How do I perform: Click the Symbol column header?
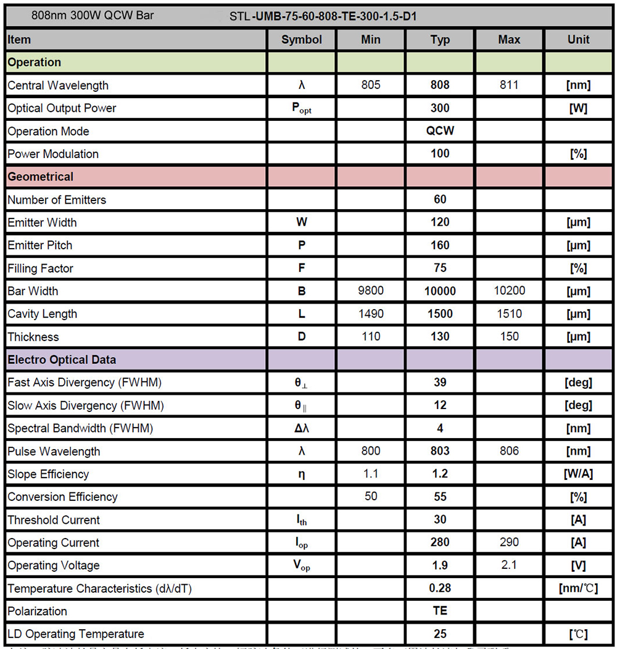click(302, 39)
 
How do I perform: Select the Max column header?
click(509, 39)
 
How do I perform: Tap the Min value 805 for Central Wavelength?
click(371, 85)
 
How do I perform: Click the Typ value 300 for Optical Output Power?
click(440, 108)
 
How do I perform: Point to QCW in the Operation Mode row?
click(440, 131)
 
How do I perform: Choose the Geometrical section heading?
click(41, 176)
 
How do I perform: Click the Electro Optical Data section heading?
click(62, 360)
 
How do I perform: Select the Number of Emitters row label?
click(57, 200)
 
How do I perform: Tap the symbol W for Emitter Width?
click(302, 222)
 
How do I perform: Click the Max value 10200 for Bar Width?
click(509, 291)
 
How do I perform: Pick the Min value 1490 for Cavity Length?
click(371, 314)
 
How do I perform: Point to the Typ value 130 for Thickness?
click(440, 337)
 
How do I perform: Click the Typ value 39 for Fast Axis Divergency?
click(440, 382)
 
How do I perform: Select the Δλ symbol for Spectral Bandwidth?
click(302, 428)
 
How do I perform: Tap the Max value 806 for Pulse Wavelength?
click(509, 451)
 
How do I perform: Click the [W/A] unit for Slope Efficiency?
click(578, 474)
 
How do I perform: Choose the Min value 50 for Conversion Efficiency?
click(371, 497)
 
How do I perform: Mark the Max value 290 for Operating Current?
click(509, 542)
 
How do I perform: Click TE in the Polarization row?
click(440, 611)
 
